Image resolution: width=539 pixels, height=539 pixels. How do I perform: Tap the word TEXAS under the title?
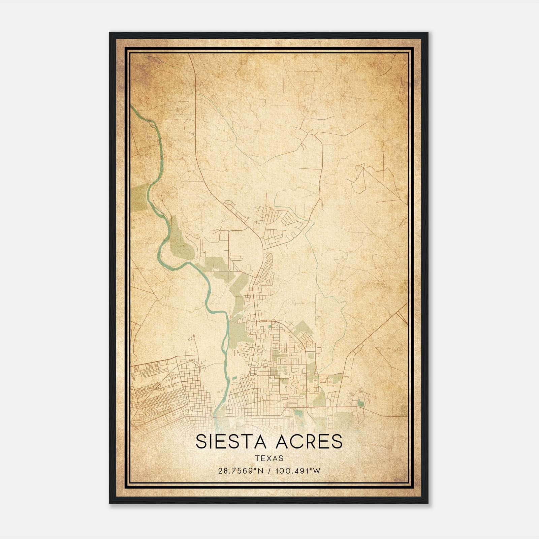point(269,458)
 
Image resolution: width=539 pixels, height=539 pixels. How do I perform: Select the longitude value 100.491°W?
point(297,471)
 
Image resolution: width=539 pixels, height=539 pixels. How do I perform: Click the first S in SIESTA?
point(201,442)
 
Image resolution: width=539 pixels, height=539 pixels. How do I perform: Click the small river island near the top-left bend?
point(153,125)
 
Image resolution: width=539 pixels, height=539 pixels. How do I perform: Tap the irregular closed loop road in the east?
point(357,179)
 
